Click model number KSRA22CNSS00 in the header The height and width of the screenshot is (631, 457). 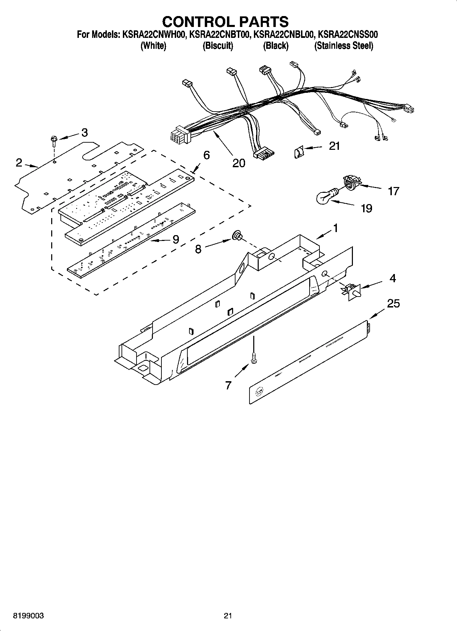click(x=347, y=34)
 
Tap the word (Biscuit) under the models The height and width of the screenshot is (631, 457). click(x=218, y=46)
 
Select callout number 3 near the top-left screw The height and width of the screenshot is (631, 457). click(x=84, y=132)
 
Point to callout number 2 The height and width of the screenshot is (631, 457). click(x=19, y=162)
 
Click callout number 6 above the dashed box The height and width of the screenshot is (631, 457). click(x=206, y=155)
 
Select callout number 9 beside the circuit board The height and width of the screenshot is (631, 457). click(x=175, y=239)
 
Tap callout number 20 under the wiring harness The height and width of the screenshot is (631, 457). click(x=239, y=163)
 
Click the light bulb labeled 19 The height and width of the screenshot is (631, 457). click(x=326, y=197)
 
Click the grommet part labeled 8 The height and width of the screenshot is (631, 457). click(x=237, y=235)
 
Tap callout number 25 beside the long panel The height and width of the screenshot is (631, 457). click(x=393, y=303)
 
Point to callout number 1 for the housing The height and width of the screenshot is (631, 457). click(x=335, y=228)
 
